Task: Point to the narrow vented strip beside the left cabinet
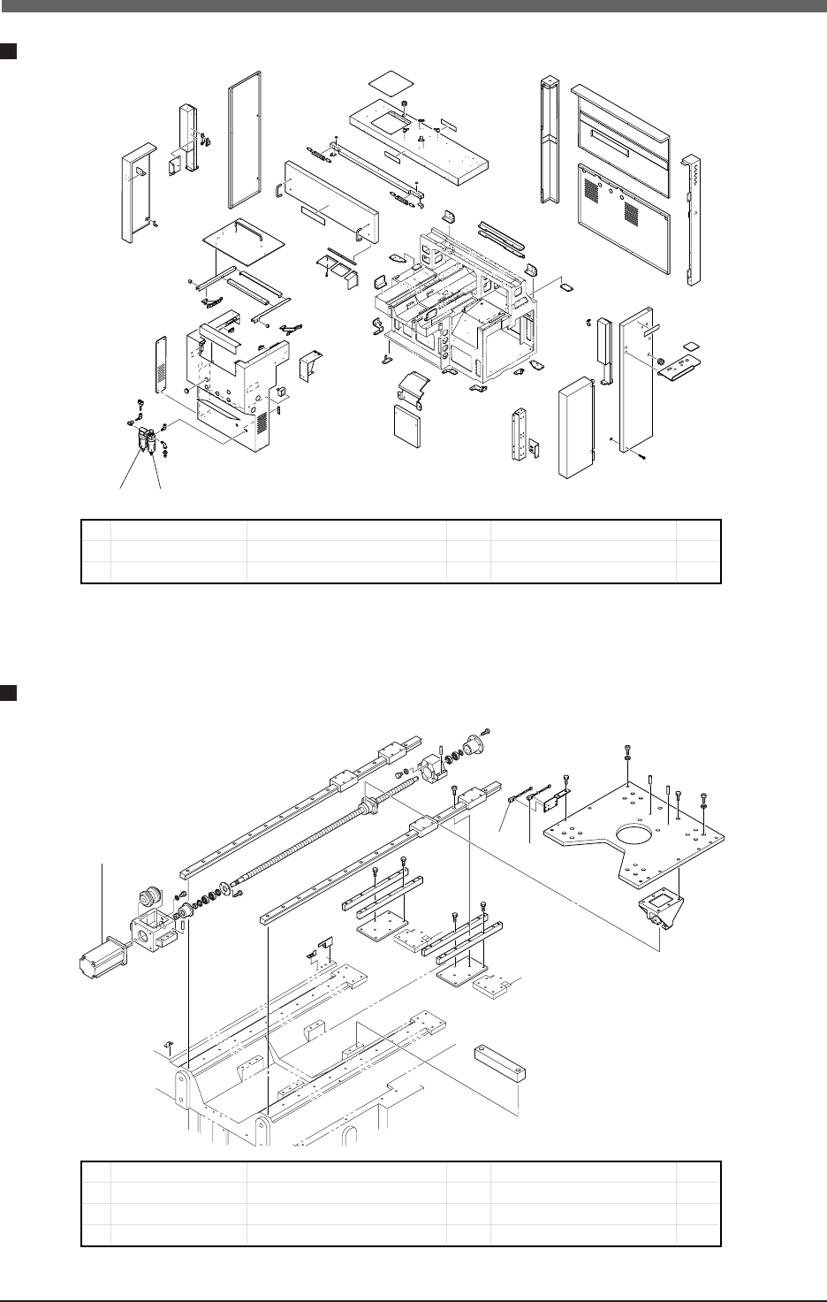click(162, 362)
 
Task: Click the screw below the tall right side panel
click(643, 457)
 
